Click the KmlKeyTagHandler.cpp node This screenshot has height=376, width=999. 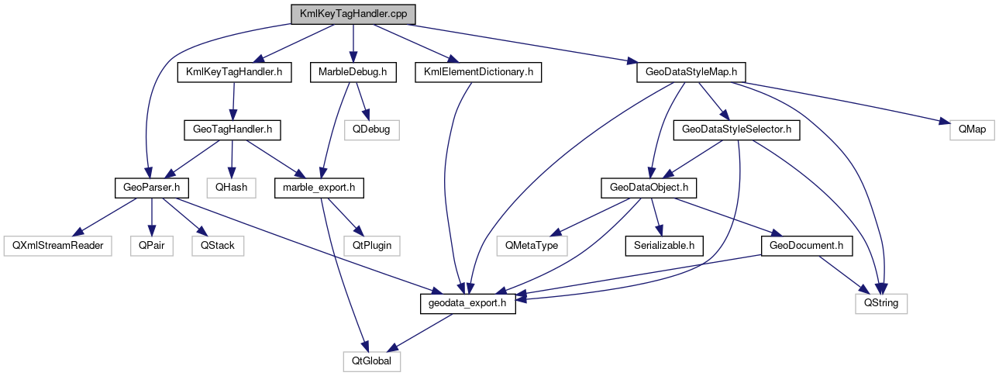pos(352,14)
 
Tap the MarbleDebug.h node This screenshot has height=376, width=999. pos(353,72)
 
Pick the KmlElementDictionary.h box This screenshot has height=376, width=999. pos(477,72)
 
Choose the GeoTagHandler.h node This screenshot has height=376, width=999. pos(232,129)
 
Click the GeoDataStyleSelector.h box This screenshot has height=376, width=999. pos(736,129)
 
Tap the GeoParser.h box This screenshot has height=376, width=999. pos(152,187)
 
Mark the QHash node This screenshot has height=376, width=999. pos(229,187)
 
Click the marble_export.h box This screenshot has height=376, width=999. pos(319,187)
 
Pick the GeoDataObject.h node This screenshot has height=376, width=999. pos(649,187)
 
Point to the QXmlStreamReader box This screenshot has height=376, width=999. pos(57,245)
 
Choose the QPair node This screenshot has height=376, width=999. pos(152,245)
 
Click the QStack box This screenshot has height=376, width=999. pos(217,245)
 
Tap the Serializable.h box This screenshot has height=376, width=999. pos(663,245)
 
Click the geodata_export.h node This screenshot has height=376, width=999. pos(467,303)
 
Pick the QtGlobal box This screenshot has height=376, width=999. pos(371,360)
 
